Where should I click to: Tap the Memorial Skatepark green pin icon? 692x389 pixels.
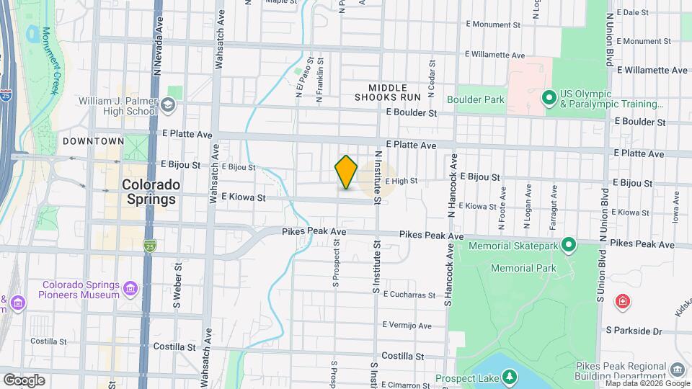click(x=568, y=246)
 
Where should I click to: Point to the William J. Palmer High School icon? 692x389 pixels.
click(x=168, y=106)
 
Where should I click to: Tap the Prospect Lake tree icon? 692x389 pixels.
click(x=510, y=377)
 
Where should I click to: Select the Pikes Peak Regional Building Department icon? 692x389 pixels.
click(x=677, y=370)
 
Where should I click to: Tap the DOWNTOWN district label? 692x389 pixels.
click(x=93, y=141)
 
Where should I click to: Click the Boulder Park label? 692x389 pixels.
click(x=476, y=99)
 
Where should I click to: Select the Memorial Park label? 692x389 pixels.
click(x=523, y=268)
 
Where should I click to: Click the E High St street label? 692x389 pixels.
click(x=402, y=181)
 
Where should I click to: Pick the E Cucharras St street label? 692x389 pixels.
click(x=409, y=295)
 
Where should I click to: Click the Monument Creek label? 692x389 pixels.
click(x=50, y=61)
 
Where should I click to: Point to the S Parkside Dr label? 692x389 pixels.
click(x=634, y=331)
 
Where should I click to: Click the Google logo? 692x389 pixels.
click(x=25, y=380)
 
